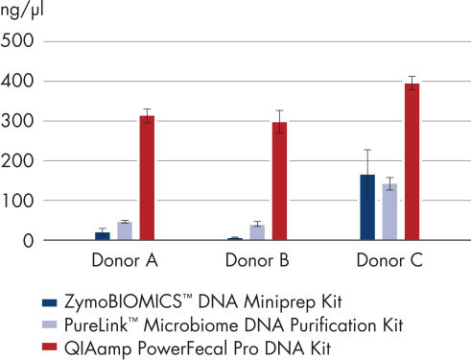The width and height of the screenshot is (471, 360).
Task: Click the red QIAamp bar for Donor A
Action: coord(147,179)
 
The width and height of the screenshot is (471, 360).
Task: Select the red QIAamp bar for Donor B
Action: coord(279,181)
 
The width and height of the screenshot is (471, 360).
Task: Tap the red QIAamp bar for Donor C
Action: coord(412,162)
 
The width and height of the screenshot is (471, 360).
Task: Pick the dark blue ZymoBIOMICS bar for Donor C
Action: coord(367,207)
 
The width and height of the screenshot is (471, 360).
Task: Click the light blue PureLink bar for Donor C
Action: coord(389,212)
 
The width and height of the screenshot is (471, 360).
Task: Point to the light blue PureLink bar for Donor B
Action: coord(257,233)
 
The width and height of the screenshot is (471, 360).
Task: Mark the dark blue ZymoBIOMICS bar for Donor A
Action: coord(103,236)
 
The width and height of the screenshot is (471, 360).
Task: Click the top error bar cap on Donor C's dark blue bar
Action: coord(367,151)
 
